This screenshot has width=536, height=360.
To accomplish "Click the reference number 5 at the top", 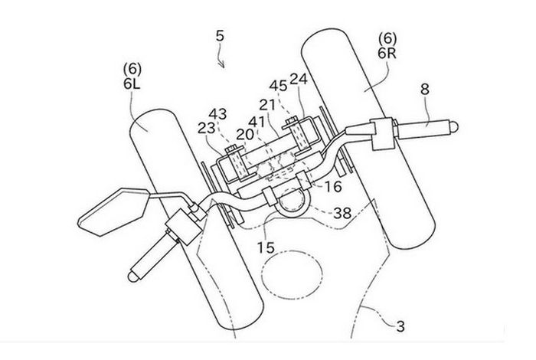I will (220, 36).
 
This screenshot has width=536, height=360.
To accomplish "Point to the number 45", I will (278, 85).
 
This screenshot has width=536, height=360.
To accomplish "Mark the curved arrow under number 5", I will (222, 58).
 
